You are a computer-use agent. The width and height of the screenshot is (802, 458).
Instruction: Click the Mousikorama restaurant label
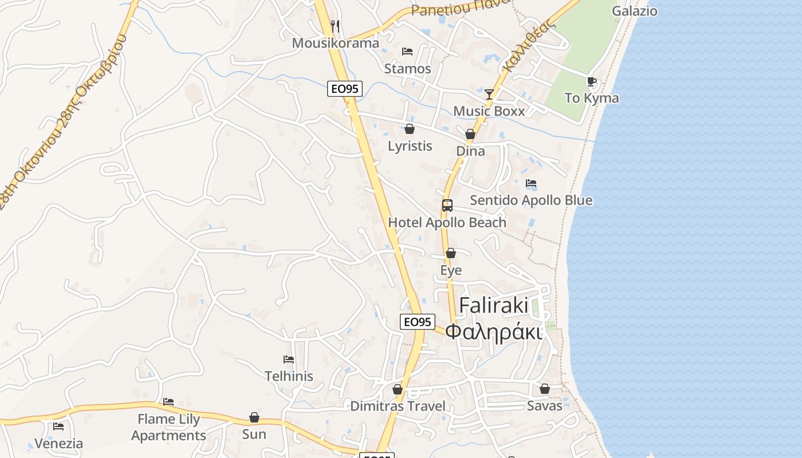click(335, 43)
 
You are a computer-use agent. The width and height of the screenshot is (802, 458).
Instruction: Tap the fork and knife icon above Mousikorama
click(336, 26)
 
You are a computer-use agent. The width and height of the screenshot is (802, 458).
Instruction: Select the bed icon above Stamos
click(407, 52)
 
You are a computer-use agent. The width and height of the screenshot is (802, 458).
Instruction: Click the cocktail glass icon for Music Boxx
click(489, 94)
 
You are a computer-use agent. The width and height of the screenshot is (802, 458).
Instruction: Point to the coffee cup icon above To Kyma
click(592, 82)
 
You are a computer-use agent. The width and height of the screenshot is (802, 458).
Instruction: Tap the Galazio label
click(634, 11)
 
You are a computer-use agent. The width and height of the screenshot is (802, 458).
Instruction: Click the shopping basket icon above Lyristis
click(410, 129)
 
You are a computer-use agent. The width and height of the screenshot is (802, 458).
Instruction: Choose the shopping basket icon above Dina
click(470, 134)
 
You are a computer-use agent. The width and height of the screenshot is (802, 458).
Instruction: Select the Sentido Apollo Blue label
click(531, 200)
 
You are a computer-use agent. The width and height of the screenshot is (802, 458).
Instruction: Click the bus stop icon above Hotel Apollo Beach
click(447, 206)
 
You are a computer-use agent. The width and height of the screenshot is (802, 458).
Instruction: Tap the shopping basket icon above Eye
click(451, 253)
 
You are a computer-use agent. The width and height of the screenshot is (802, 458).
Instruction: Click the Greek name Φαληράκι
click(494, 331)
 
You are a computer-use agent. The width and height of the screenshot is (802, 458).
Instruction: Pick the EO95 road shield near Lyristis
click(345, 89)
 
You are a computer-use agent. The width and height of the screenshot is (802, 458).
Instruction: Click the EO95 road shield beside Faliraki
click(417, 322)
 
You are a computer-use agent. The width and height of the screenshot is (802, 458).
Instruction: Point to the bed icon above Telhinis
click(289, 360)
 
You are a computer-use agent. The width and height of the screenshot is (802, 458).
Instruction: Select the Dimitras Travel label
click(398, 406)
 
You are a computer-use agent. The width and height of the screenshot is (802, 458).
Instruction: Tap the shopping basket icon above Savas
click(545, 389)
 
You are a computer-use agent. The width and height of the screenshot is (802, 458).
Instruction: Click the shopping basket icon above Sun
click(254, 417)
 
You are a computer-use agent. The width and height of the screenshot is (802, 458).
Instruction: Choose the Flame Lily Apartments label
click(168, 427)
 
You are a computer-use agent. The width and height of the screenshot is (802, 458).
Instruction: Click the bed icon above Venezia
click(58, 427)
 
